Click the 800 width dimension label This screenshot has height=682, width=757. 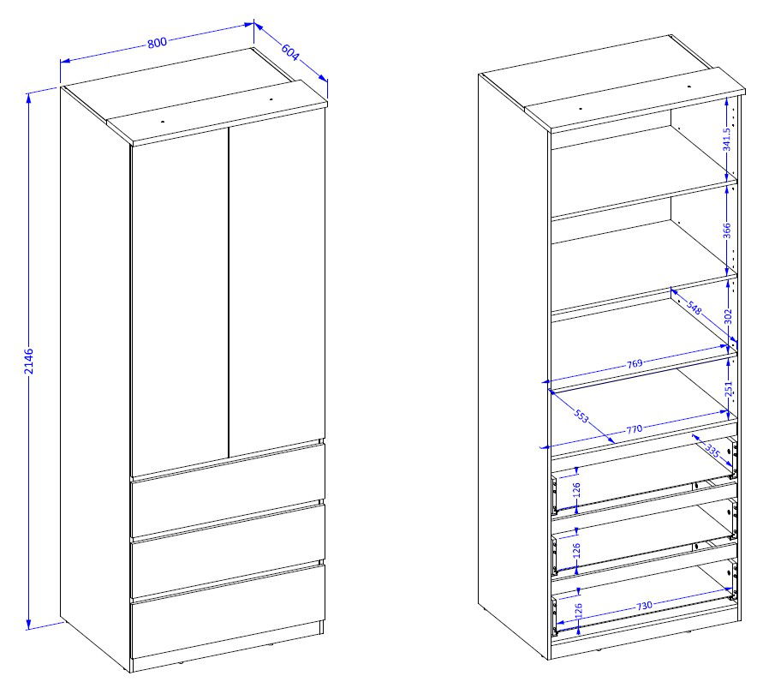(x=157, y=43)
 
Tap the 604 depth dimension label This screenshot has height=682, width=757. (x=290, y=52)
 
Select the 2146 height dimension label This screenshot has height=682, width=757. (x=29, y=361)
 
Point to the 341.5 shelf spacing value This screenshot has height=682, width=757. (x=727, y=139)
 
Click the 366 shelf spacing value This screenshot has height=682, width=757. (x=727, y=230)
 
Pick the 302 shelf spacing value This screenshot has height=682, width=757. (x=729, y=317)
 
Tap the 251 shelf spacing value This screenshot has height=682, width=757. (x=729, y=389)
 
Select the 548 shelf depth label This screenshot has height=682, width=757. (x=694, y=308)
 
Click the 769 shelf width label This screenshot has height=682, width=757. (x=635, y=363)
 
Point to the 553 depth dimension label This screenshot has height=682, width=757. (x=581, y=416)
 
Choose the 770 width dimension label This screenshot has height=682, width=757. (x=635, y=429)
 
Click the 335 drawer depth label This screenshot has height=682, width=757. (x=712, y=452)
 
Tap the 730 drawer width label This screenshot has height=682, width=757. (x=644, y=605)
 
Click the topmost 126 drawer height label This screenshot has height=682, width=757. (x=575, y=490)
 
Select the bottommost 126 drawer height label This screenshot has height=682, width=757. (x=579, y=611)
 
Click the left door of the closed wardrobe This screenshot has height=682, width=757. (x=179, y=302)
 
